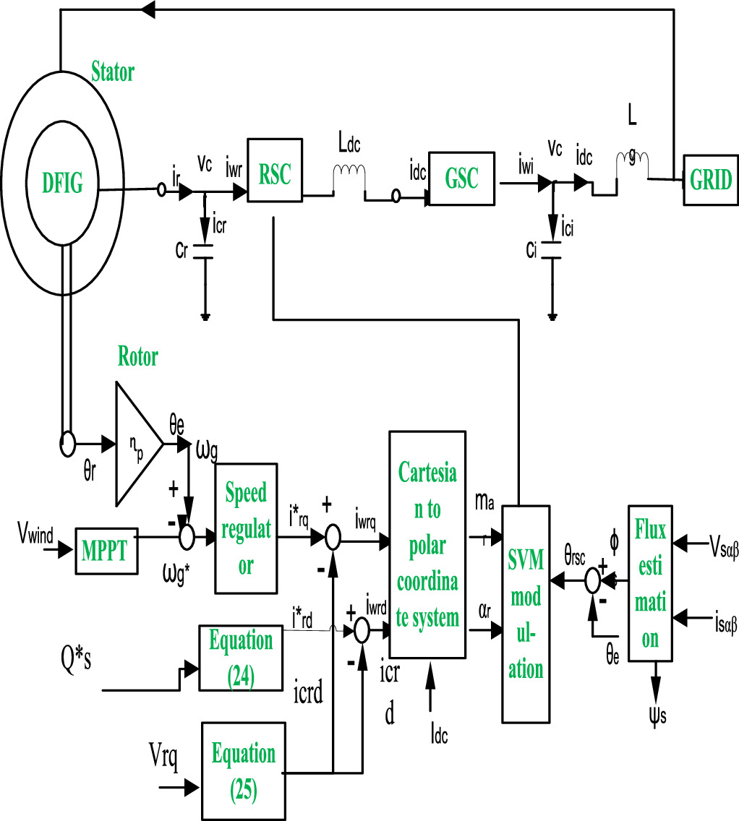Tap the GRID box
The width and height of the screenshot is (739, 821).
[711, 180]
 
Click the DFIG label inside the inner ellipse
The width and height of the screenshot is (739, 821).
[61, 185]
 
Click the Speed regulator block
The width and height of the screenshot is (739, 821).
[246, 529]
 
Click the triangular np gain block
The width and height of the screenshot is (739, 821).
[136, 443]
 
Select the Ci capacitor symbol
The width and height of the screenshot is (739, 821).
[552, 252]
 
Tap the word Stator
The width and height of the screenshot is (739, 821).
[113, 72]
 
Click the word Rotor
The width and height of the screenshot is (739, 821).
[137, 356]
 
